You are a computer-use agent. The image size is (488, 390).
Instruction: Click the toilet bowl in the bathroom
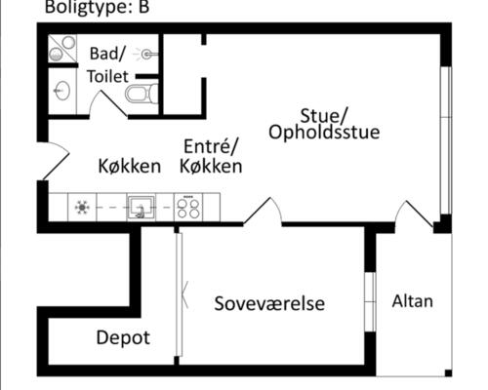click(x=142, y=94)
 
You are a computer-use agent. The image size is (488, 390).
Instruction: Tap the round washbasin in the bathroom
click(x=61, y=90)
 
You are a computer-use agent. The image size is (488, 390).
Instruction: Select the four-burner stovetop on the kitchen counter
click(x=188, y=208)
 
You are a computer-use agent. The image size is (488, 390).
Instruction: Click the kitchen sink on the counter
click(x=141, y=207)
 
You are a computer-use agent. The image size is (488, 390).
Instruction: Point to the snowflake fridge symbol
click(x=82, y=208)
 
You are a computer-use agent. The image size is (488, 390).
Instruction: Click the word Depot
click(x=123, y=337)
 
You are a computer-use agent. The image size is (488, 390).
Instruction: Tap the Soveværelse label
click(x=269, y=303)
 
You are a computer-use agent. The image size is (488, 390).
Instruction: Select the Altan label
click(x=412, y=301)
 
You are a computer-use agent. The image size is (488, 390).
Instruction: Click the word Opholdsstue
click(x=324, y=133)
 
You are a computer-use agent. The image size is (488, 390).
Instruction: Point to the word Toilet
click(x=108, y=76)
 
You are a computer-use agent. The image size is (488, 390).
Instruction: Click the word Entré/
click(x=211, y=146)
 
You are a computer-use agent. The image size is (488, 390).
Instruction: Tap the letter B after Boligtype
click(x=143, y=7)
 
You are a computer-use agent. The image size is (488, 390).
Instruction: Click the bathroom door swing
click(x=108, y=103)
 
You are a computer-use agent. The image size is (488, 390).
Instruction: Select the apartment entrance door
click(x=56, y=162)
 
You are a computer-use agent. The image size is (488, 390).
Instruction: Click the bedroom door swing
click(x=263, y=211)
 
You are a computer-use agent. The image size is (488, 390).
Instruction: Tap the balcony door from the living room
click(x=414, y=214)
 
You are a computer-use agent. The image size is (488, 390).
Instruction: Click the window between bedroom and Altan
click(x=370, y=301)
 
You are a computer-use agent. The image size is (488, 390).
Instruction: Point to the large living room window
click(x=446, y=140)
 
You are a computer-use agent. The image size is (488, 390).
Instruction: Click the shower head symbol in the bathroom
click(x=146, y=55)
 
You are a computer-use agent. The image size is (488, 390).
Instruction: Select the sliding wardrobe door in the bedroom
click(x=179, y=294)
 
